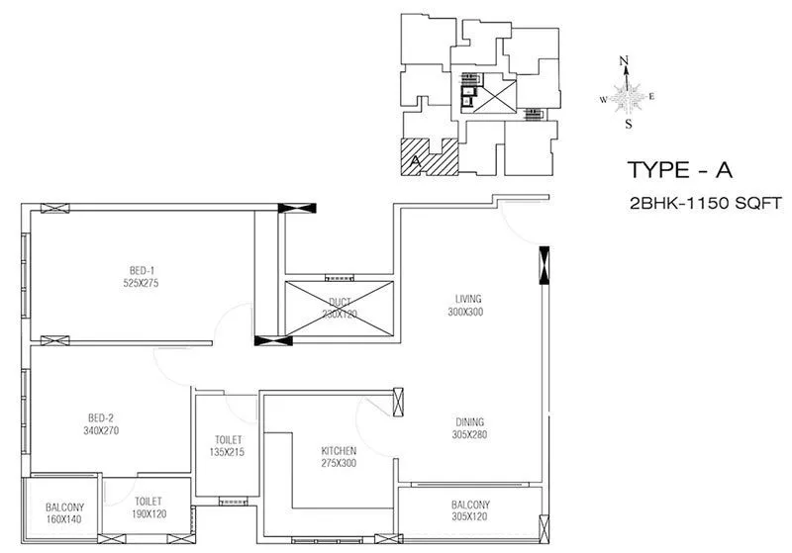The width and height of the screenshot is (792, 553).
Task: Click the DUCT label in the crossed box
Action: (x=339, y=302)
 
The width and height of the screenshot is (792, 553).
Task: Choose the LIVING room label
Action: (x=468, y=299)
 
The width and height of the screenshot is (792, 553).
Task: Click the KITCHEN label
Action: (x=338, y=451)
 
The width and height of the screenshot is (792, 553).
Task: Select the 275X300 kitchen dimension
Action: (x=338, y=464)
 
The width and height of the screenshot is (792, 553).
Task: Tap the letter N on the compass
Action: (x=625, y=61)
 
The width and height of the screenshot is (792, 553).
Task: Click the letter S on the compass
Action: (x=628, y=125)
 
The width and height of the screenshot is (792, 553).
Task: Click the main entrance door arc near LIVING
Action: (x=518, y=223)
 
